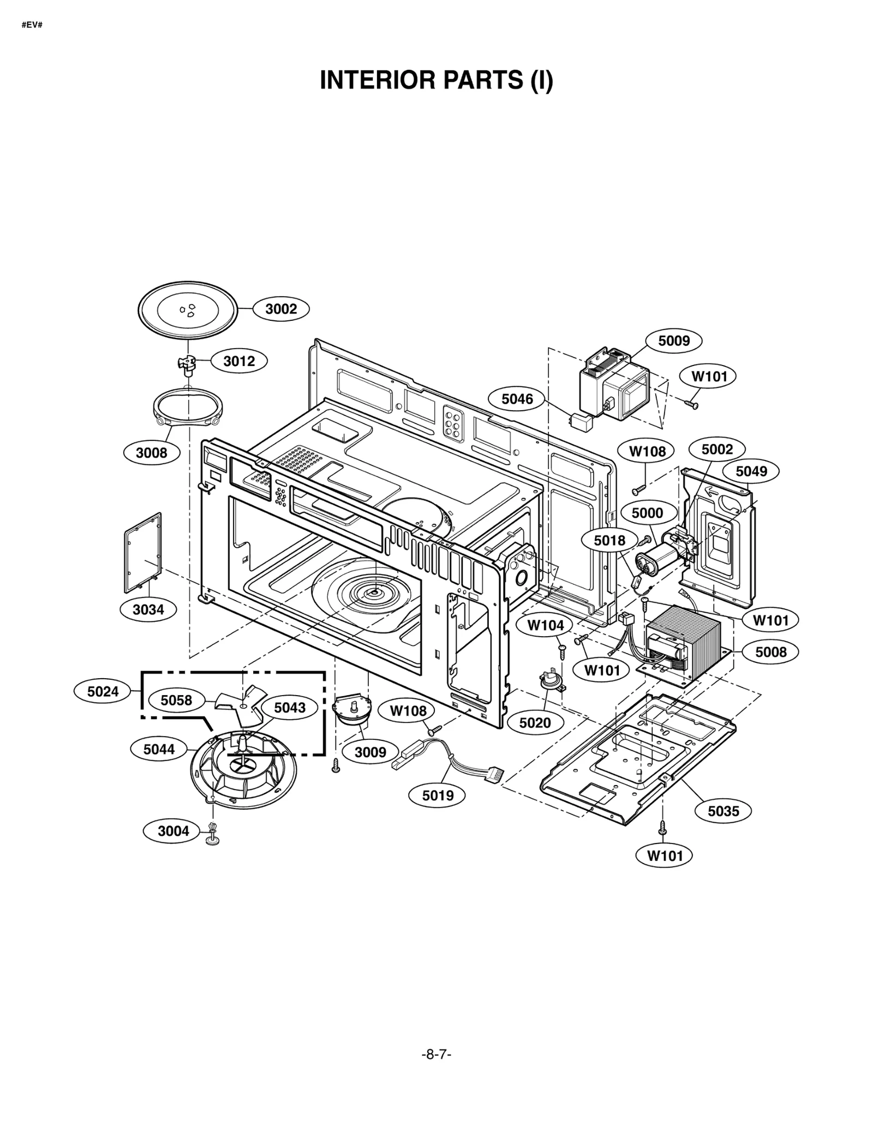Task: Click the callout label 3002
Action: pyautogui.click(x=280, y=309)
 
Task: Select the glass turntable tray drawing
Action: pyautogui.click(x=188, y=310)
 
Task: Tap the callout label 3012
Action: pyautogui.click(x=239, y=361)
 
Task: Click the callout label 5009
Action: pyautogui.click(x=673, y=341)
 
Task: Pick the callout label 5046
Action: pyautogui.click(x=517, y=399)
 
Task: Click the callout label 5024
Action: pyautogui.click(x=103, y=692)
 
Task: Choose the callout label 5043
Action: pyautogui.click(x=289, y=708)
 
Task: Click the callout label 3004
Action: pyautogui.click(x=173, y=831)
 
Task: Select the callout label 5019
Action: pyautogui.click(x=438, y=795)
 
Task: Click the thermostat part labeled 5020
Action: pyautogui.click(x=552, y=681)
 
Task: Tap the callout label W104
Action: pyautogui.click(x=545, y=625)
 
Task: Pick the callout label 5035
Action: pyautogui.click(x=723, y=811)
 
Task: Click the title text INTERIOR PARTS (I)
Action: pyautogui.click(x=436, y=80)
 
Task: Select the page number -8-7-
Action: pyautogui.click(x=436, y=1070)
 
